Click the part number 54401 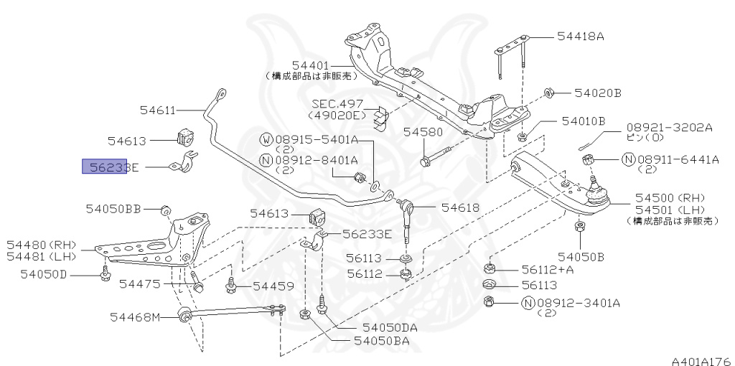click(311, 65)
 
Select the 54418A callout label click(581, 36)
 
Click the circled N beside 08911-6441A click(627, 159)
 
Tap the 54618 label click(460, 207)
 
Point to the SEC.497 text click(337, 103)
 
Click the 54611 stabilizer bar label click(157, 110)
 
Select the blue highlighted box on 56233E click(105, 166)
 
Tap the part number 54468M click(135, 316)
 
